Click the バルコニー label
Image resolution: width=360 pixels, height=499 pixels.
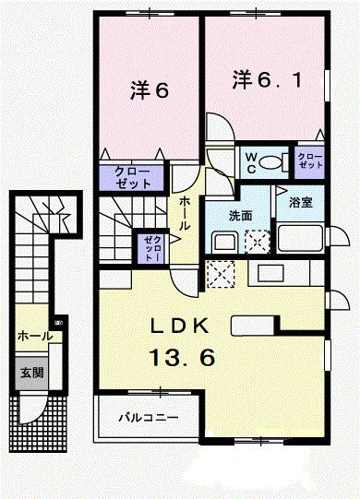148,418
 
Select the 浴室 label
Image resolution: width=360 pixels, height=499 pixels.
299,201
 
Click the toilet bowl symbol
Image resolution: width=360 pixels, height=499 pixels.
270,162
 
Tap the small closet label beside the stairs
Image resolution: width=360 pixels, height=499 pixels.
151,247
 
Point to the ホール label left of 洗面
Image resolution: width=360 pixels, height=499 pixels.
184,212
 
